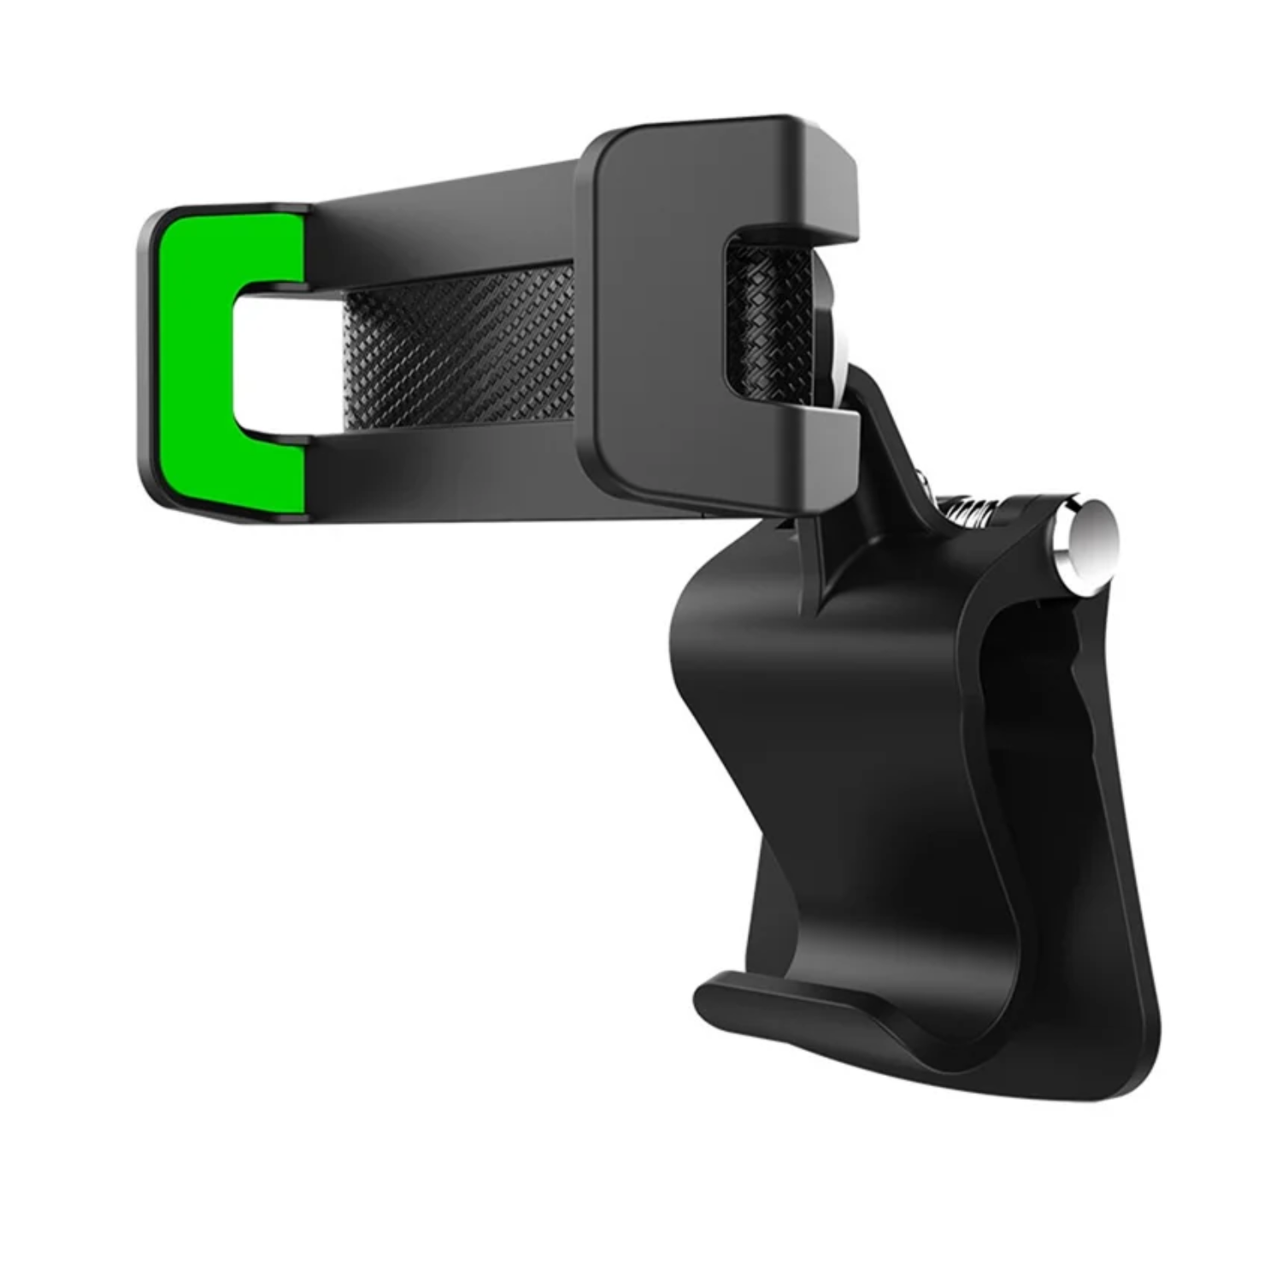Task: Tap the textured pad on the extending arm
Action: [462, 346]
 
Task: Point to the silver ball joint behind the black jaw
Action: [833, 342]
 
